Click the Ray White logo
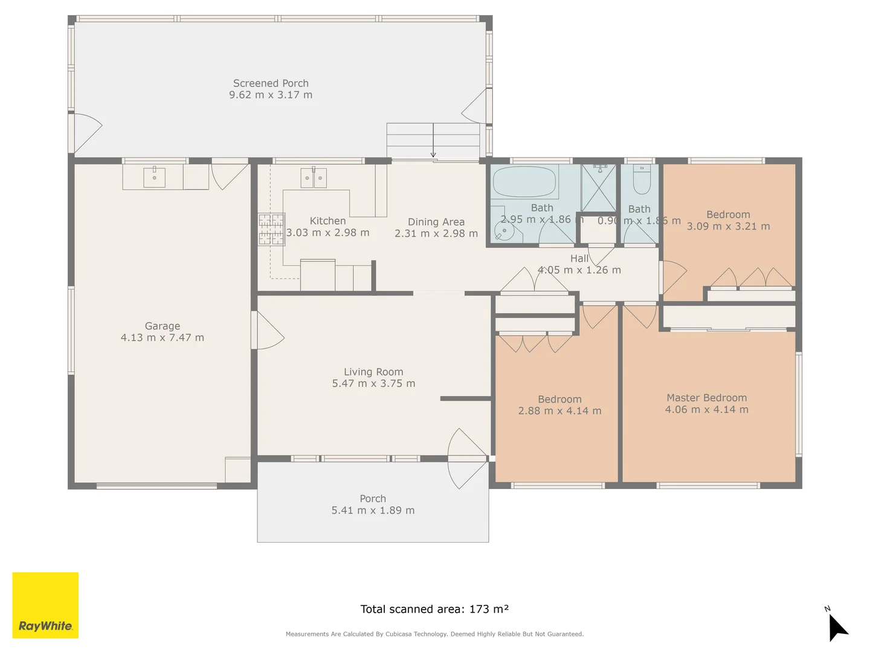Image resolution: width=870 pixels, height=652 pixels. point(45,605)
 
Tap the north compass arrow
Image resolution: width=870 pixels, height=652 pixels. point(837,627)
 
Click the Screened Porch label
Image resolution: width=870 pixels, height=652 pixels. point(271,83)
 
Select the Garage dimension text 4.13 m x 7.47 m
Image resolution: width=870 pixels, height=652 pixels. point(163,337)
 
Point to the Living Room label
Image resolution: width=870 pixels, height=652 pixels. point(373,372)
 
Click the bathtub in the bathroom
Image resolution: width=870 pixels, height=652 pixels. point(524,181)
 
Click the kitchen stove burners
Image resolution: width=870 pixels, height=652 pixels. point(271,229)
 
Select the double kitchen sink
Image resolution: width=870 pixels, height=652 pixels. point(314,178)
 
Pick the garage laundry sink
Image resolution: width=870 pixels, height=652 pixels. point(154,177)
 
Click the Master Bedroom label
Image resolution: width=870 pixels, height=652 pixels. point(706,398)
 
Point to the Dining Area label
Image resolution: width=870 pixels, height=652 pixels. point(436,222)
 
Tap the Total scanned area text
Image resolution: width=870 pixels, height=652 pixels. point(434,609)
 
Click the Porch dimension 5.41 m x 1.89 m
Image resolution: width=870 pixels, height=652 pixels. point(373,510)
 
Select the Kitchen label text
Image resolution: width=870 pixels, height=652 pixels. point(327,221)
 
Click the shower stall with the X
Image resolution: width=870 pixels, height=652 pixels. point(598,188)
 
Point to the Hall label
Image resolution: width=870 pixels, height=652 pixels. point(579,258)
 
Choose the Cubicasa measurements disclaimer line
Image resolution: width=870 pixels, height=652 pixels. point(434,634)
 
